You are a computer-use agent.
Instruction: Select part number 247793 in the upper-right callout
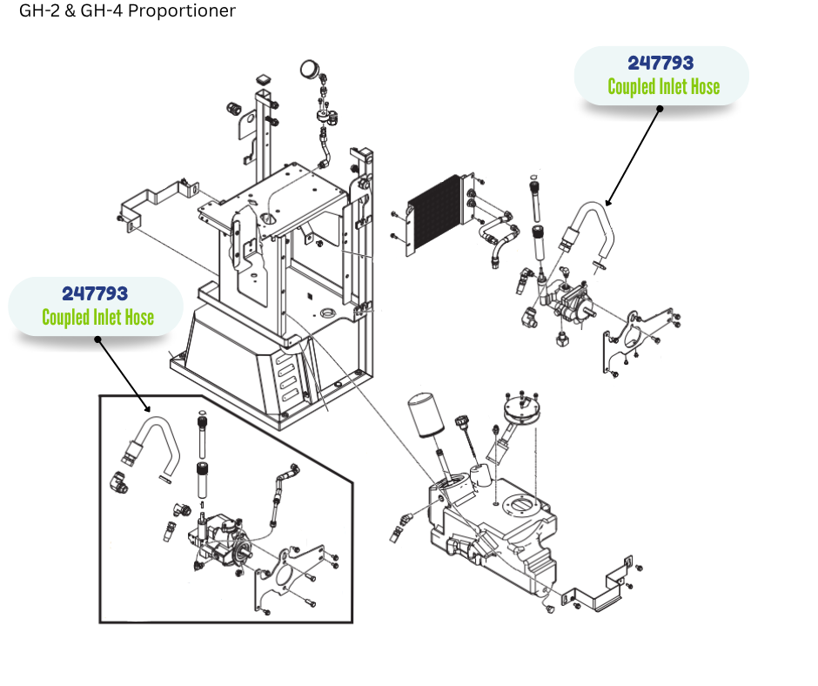click(x=660, y=64)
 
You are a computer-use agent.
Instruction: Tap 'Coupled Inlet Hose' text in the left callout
click(x=97, y=317)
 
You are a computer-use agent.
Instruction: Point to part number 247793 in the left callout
click(x=95, y=293)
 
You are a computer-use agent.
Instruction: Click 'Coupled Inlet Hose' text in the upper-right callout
click(x=663, y=87)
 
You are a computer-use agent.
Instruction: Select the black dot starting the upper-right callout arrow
click(x=660, y=109)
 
